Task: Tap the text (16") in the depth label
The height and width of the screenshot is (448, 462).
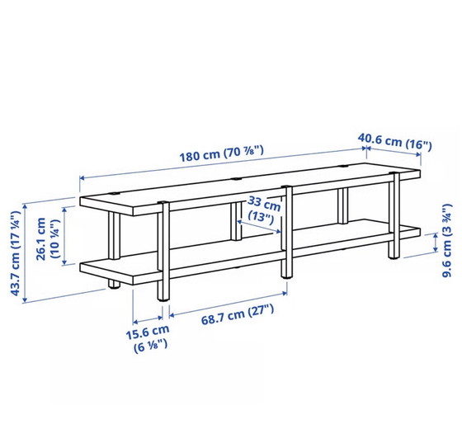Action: pyautogui.click(x=417, y=144)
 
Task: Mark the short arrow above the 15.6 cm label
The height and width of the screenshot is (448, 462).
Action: pyautogui.click(x=148, y=320)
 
